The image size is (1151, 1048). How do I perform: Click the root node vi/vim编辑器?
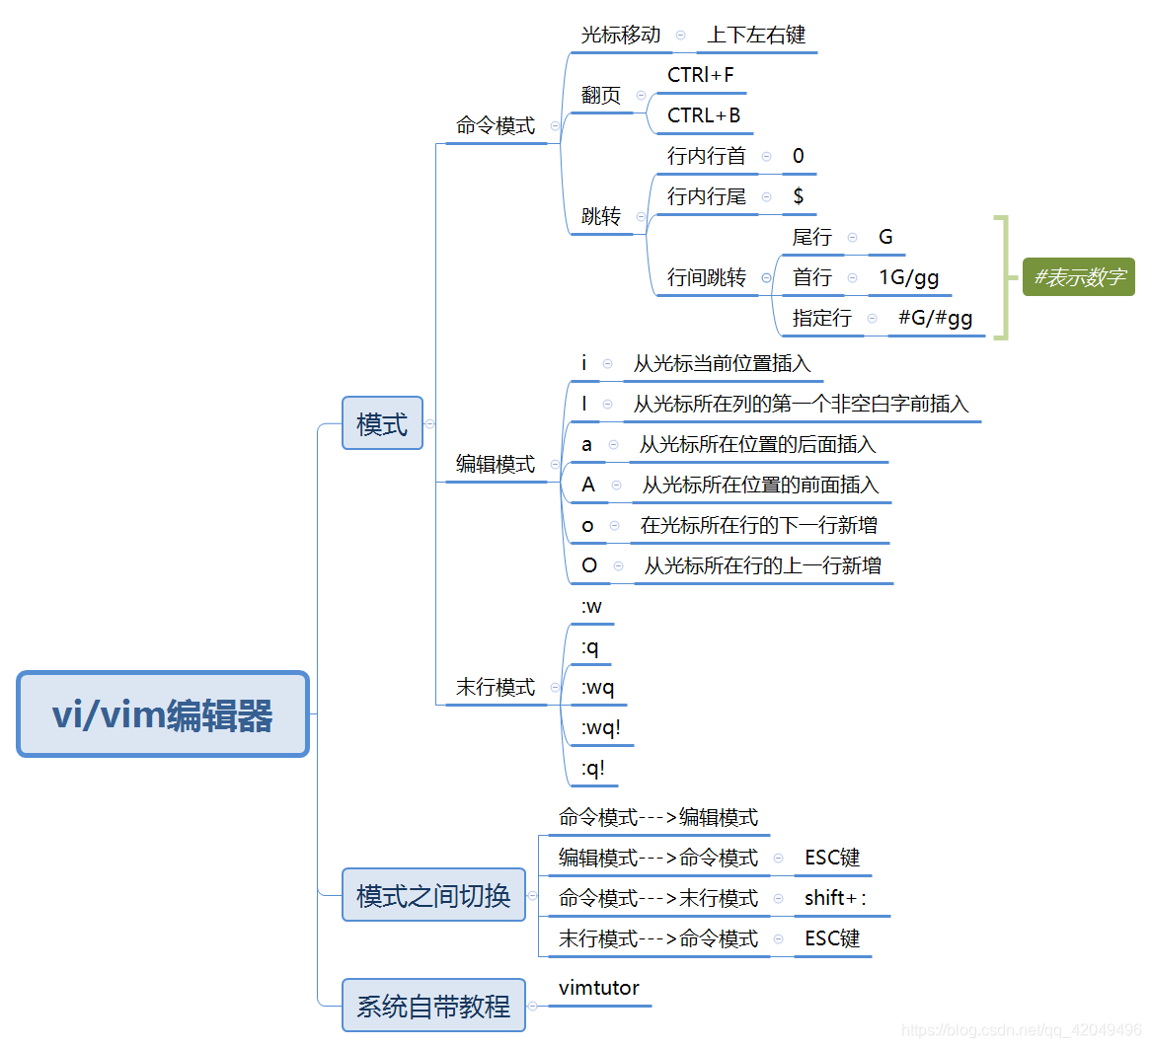click(163, 714)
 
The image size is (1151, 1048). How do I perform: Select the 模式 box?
click(382, 423)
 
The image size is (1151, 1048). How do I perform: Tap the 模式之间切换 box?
click(433, 895)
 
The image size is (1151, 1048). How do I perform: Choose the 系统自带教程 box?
click(433, 1006)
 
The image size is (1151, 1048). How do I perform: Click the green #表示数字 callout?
click(1078, 277)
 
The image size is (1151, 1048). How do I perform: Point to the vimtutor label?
click(598, 988)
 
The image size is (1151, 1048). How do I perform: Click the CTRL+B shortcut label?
click(703, 115)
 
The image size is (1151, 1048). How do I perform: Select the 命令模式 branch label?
click(495, 125)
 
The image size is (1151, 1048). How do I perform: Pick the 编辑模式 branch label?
click(495, 464)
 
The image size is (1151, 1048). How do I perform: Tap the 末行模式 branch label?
click(495, 687)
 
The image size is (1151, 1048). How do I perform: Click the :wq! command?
click(600, 728)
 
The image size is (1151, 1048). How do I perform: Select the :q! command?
click(592, 769)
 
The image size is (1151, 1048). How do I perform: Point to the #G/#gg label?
click(935, 318)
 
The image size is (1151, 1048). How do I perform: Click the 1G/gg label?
click(908, 277)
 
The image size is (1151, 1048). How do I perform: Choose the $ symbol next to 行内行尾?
click(798, 196)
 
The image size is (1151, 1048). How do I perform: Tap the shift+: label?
click(835, 898)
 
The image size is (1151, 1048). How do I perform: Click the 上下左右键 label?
click(756, 35)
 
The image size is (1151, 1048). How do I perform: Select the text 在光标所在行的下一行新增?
click(758, 525)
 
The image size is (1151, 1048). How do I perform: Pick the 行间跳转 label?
click(706, 277)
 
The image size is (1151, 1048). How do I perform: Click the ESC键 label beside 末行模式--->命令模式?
click(832, 938)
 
